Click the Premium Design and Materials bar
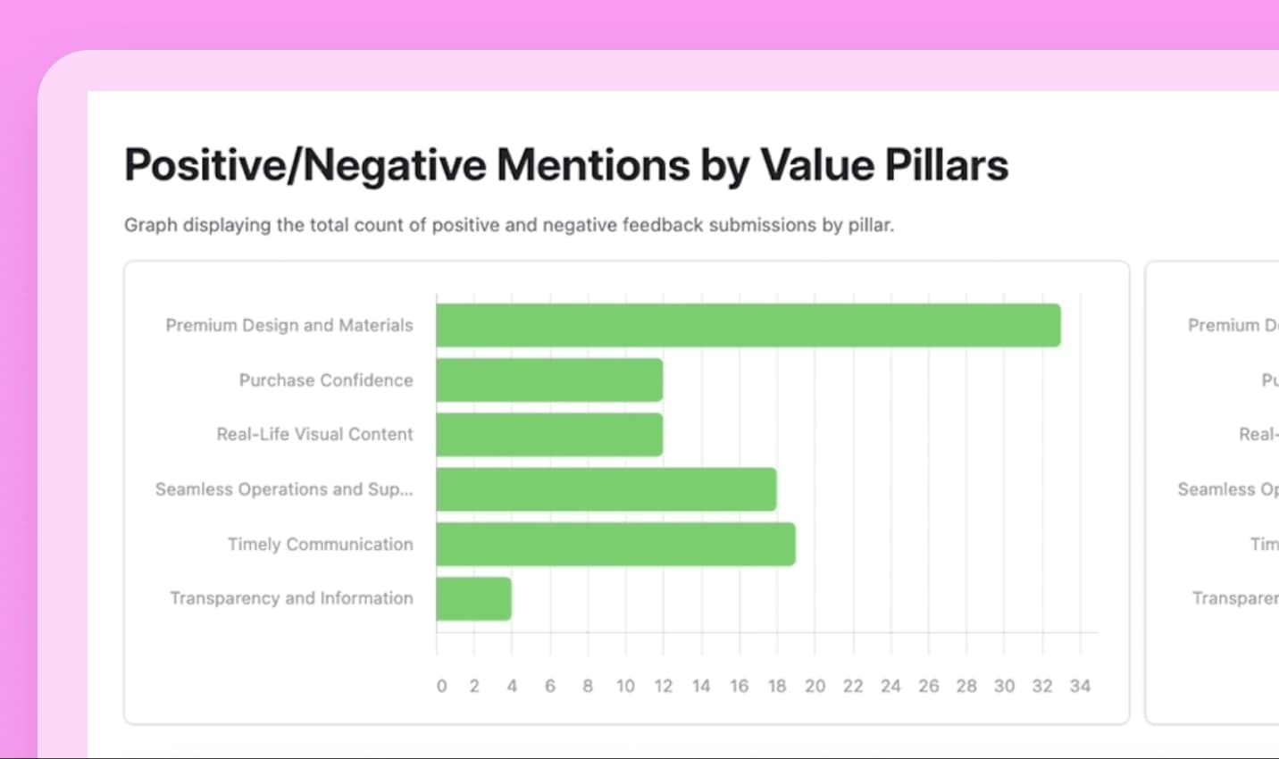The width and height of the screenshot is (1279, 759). pyautogui.click(x=748, y=325)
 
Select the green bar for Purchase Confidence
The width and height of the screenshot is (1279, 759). pyautogui.click(x=549, y=380)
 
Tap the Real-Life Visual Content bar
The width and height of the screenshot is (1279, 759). pyautogui.click(x=549, y=435)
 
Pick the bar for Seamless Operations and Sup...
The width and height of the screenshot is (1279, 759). pyautogui.click(x=606, y=489)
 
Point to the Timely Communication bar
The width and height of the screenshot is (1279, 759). pyautogui.click(x=615, y=544)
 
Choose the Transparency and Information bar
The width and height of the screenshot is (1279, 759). pyautogui.click(x=473, y=598)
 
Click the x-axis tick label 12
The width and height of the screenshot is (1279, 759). pyautogui.click(x=663, y=686)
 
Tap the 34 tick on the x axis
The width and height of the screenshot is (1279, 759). pyautogui.click(x=1080, y=686)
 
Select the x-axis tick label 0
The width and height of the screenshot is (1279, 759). pyautogui.click(x=441, y=686)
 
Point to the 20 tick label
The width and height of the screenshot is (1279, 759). pyautogui.click(x=815, y=686)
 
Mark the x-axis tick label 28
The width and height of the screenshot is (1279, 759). pyautogui.click(x=966, y=686)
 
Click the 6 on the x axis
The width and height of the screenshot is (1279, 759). pyautogui.click(x=550, y=686)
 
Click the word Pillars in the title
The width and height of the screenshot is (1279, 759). pyautogui.click(x=946, y=165)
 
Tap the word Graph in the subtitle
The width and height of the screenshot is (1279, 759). pyautogui.click(x=150, y=225)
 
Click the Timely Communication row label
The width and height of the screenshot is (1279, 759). pyautogui.click(x=320, y=544)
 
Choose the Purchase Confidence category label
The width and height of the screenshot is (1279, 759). pyautogui.click(x=326, y=380)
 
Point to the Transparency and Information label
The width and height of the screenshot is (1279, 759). pyautogui.click(x=291, y=598)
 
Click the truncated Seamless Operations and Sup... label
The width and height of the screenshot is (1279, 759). pyautogui.click(x=284, y=489)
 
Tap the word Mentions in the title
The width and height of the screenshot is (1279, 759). pyautogui.click(x=593, y=165)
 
